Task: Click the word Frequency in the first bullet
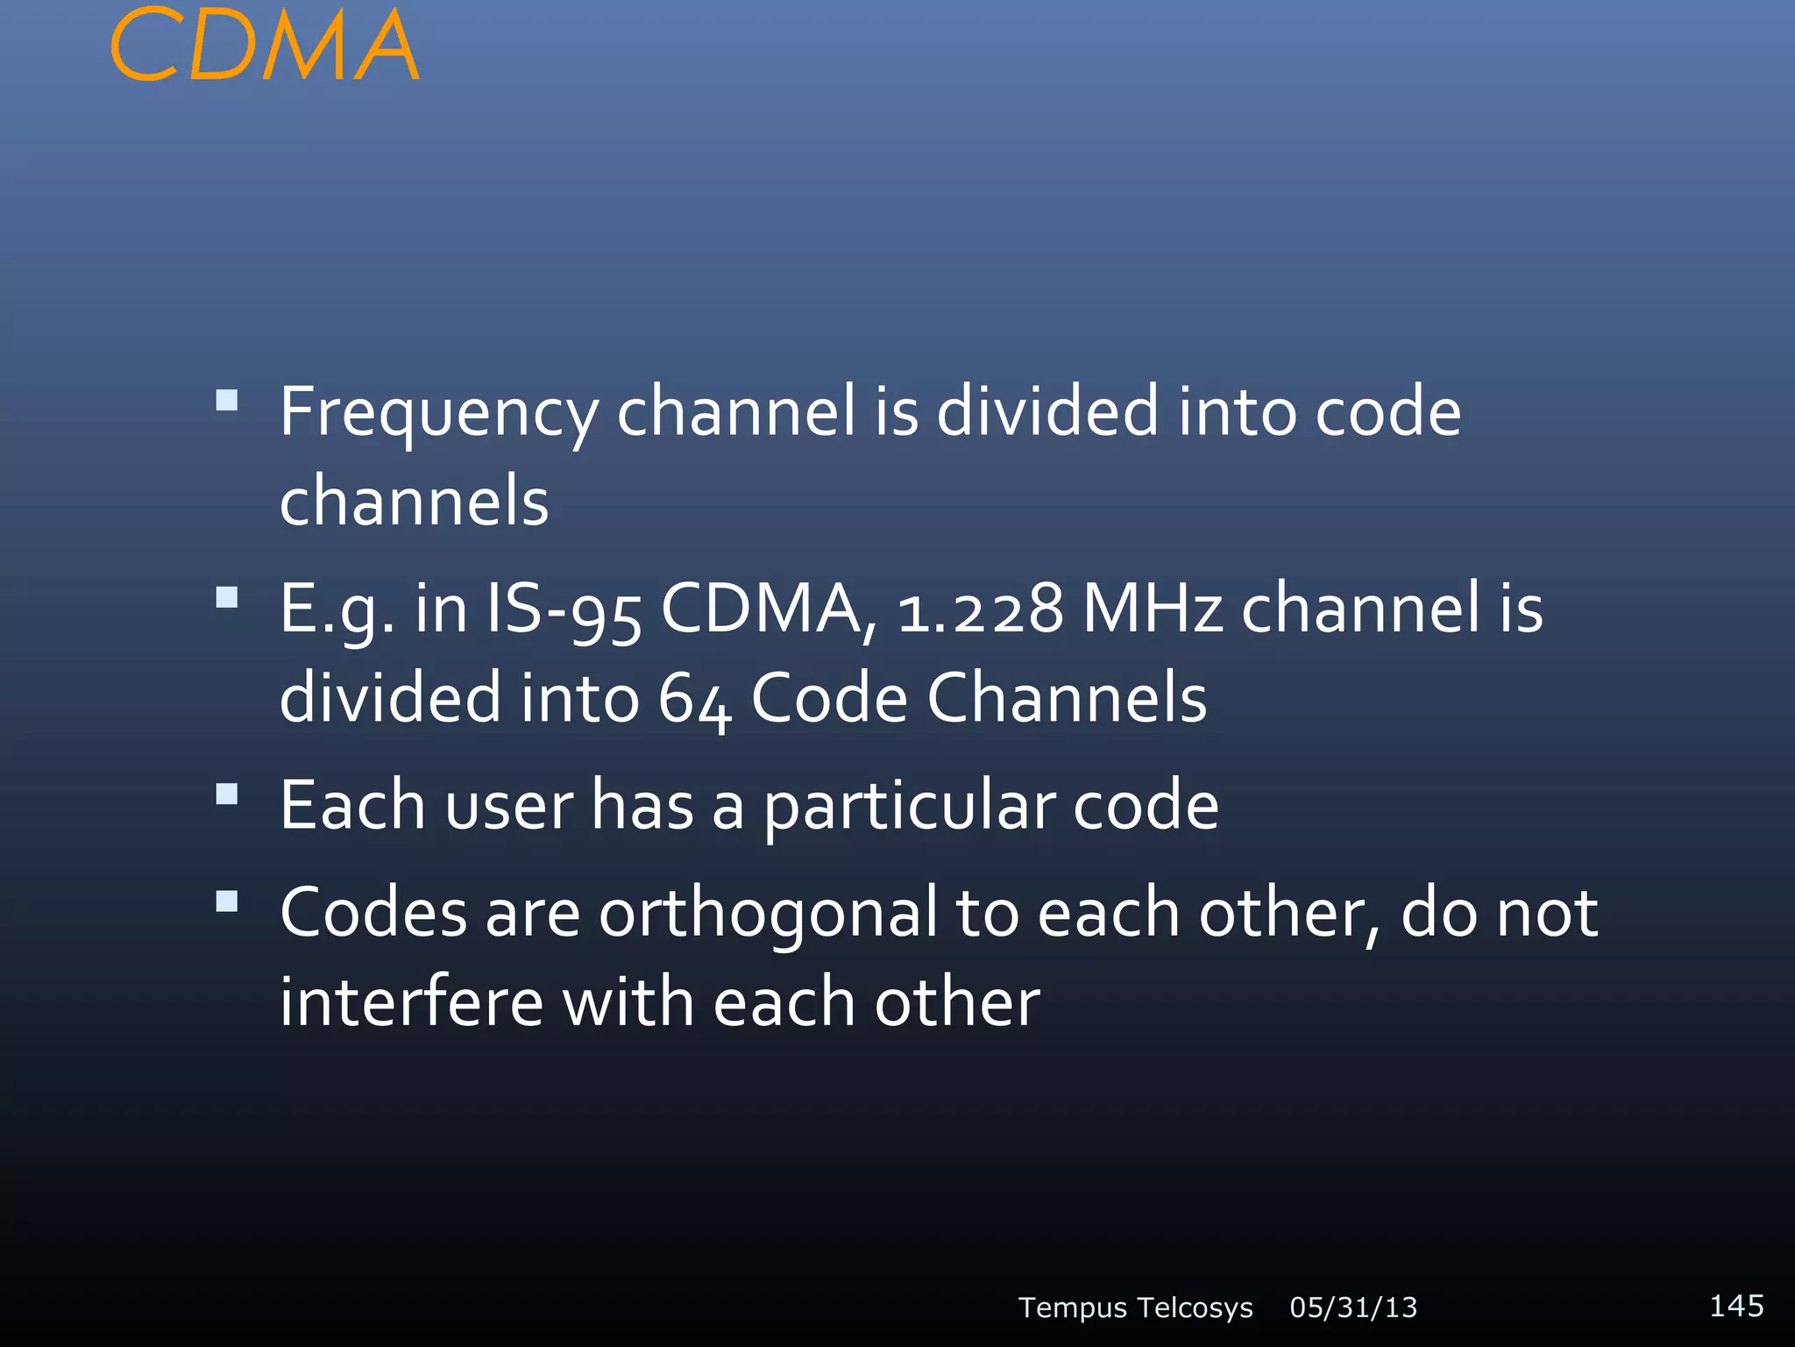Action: pyautogui.click(x=438, y=412)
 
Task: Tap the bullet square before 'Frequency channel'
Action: pyautogui.click(x=227, y=401)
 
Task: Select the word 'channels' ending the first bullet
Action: pyautogui.click(x=414, y=502)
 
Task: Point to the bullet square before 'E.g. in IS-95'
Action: pyautogui.click(x=227, y=598)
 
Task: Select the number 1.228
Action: pyautogui.click(x=980, y=609)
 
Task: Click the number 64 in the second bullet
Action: pyautogui.click(x=694, y=700)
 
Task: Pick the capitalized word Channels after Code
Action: pyautogui.click(x=1067, y=698)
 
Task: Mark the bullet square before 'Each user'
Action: pyautogui.click(x=227, y=795)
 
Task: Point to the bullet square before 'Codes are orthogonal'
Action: pyautogui.click(x=227, y=902)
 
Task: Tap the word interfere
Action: pyautogui.click(x=411, y=1002)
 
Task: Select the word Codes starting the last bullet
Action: pyautogui.click(x=373, y=913)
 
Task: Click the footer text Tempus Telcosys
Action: pyautogui.click(x=1135, y=1308)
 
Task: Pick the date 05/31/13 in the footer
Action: pyautogui.click(x=1353, y=1308)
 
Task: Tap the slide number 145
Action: pyautogui.click(x=1736, y=1305)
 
